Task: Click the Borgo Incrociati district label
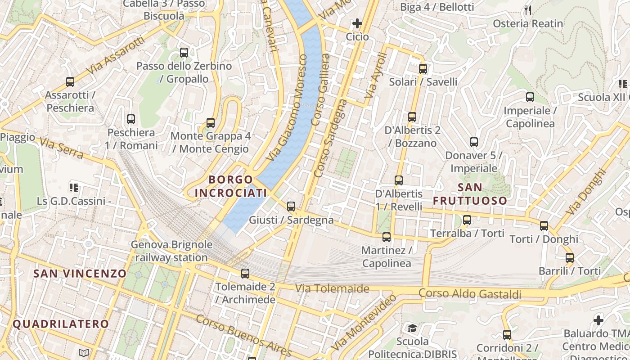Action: tap(231, 186)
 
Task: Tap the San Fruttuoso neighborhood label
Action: tap(470, 194)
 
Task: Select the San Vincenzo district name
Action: tap(80, 273)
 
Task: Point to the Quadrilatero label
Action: tap(61, 324)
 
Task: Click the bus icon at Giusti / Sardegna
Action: tap(291, 207)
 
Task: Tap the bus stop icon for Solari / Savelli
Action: tap(423, 69)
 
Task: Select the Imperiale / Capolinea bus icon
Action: tap(530, 97)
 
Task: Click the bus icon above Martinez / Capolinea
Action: tap(386, 237)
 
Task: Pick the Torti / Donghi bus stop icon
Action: tap(544, 226)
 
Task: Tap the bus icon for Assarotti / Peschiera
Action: tap(70, 82)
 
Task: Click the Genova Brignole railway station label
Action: tap(171, 251)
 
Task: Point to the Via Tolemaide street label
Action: tap(332, 288)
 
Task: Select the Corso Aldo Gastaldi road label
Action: tap(470, 294)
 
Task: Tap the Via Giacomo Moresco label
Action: tap(286, 108)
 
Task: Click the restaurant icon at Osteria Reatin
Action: tap(528, 10)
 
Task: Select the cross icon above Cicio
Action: tap(357, 23)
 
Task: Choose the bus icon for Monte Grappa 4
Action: tap(210, 122)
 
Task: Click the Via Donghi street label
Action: tap(586, 191)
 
